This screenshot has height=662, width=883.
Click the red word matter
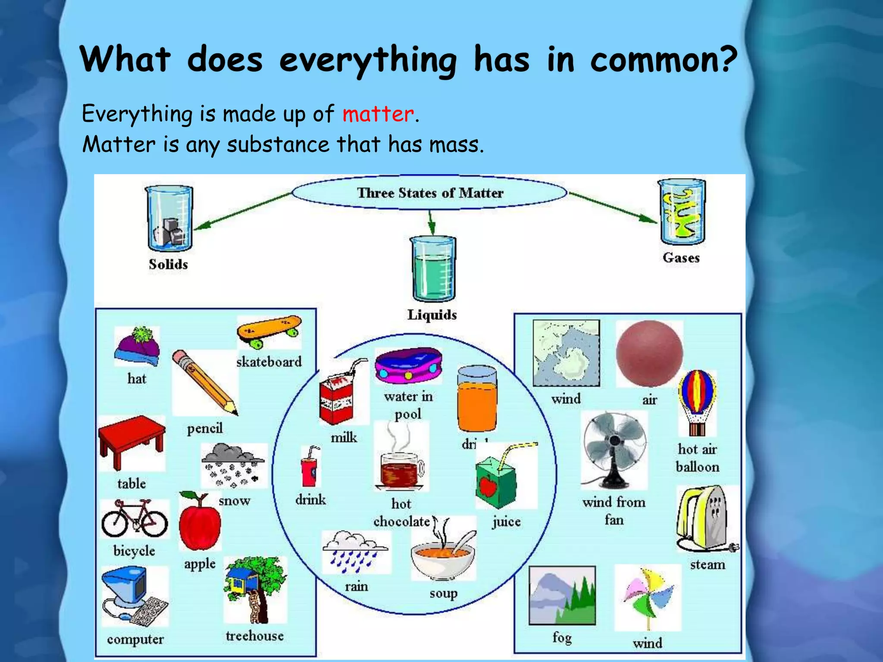(x=378, y=115)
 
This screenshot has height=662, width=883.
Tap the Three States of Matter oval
(x=429, y=193)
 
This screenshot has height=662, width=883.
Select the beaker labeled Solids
(x=169, y=219)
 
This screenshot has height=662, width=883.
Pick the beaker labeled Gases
(x=682, y=212)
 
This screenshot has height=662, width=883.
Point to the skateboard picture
(x=269, y=331)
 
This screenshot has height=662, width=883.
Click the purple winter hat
(x=137, y=347)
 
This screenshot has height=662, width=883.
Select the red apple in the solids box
(x=199, y=522)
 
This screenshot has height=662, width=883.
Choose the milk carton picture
(x=337, y=399)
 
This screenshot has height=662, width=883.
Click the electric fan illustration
(x=614, y=448)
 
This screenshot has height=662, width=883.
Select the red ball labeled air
(x=649, y=353)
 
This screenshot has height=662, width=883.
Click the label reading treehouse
(x=254, y=636)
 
